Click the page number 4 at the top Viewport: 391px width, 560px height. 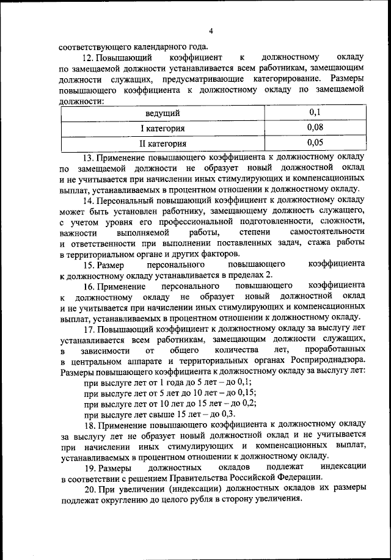point(210,31)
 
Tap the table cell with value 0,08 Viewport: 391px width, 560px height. point(315,128)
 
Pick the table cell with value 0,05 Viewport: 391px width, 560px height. point(315,143)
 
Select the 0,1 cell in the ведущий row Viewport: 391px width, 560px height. point(315,112)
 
